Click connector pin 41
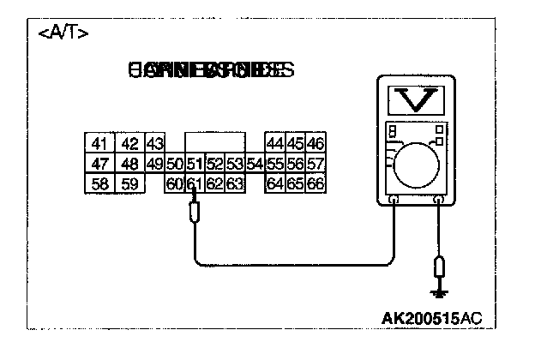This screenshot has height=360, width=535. (x=99, y=143)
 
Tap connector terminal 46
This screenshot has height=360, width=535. (x=315, y=143)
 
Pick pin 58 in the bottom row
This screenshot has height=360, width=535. (x=99, y=183)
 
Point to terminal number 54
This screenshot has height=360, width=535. (x=255, y=164)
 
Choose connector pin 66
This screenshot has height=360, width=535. (x=315, y=183)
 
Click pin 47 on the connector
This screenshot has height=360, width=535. (x=99, y=164)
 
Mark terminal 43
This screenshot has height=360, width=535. (x=155, y=143)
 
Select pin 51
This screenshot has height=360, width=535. (x=195, y=164)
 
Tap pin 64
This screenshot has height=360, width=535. (x=275, y=183)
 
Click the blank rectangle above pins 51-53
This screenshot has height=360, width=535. (x=214, y=143)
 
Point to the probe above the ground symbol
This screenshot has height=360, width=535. (x=440, y=267)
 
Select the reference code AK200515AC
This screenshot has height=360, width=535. (x=431, y=319)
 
